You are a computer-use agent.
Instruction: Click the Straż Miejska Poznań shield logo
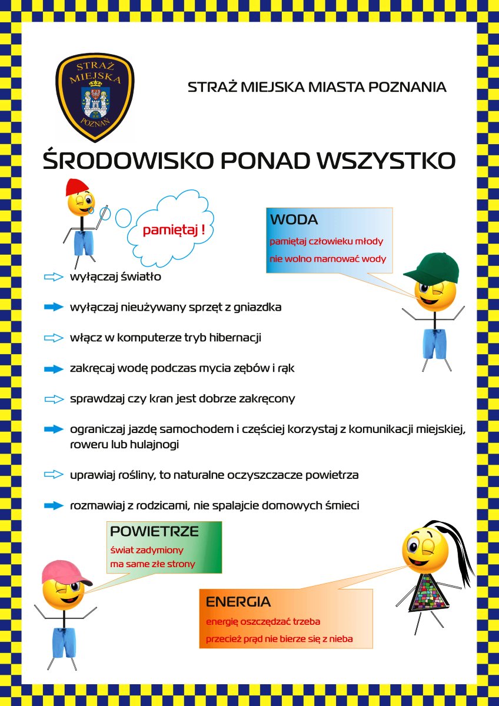95,96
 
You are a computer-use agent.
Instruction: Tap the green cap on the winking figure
430,268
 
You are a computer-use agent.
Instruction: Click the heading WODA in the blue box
294,220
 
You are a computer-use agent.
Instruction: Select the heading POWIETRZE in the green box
154,532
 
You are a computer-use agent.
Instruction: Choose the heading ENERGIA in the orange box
238,602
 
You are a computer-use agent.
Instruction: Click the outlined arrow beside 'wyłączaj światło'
54,277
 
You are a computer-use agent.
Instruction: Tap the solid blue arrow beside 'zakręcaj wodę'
54,369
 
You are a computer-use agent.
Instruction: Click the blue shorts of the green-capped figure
435,344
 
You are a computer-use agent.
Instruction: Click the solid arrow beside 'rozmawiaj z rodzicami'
54,505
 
